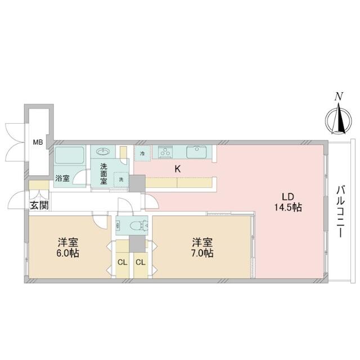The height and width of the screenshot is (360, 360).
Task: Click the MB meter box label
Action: click(37, 142)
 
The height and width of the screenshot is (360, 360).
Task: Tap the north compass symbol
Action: click(337, 120)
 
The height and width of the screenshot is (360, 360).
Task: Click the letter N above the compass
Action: click(338, 96)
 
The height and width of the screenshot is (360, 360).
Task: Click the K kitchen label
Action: click(177, 169)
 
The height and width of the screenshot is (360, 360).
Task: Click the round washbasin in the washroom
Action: click(103, 151)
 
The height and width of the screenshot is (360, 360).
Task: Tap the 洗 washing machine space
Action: click(120, 179)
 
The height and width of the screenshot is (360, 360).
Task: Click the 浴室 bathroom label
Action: click(62, 179)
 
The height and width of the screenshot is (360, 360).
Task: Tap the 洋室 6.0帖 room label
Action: click(67, 247)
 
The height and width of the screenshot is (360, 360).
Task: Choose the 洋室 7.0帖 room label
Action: click(202, 247)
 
